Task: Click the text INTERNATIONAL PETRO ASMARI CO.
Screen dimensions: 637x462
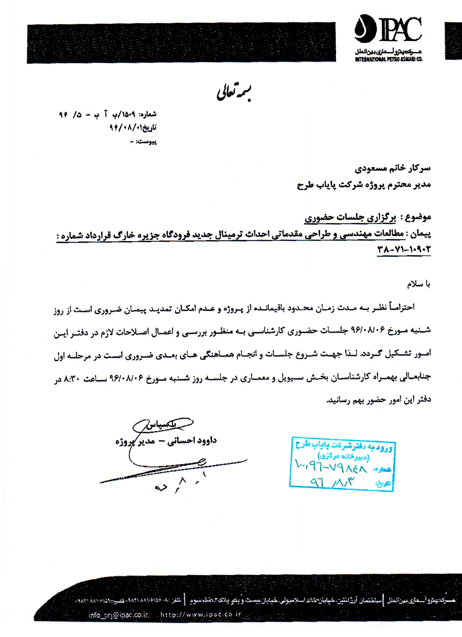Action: (389, 59)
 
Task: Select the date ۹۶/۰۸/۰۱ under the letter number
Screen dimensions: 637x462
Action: (124, 127)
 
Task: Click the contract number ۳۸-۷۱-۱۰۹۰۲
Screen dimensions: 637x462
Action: (404, 249)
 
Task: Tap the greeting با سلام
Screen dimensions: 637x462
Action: (418, 284)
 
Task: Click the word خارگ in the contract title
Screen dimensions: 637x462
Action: (124, 235)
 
